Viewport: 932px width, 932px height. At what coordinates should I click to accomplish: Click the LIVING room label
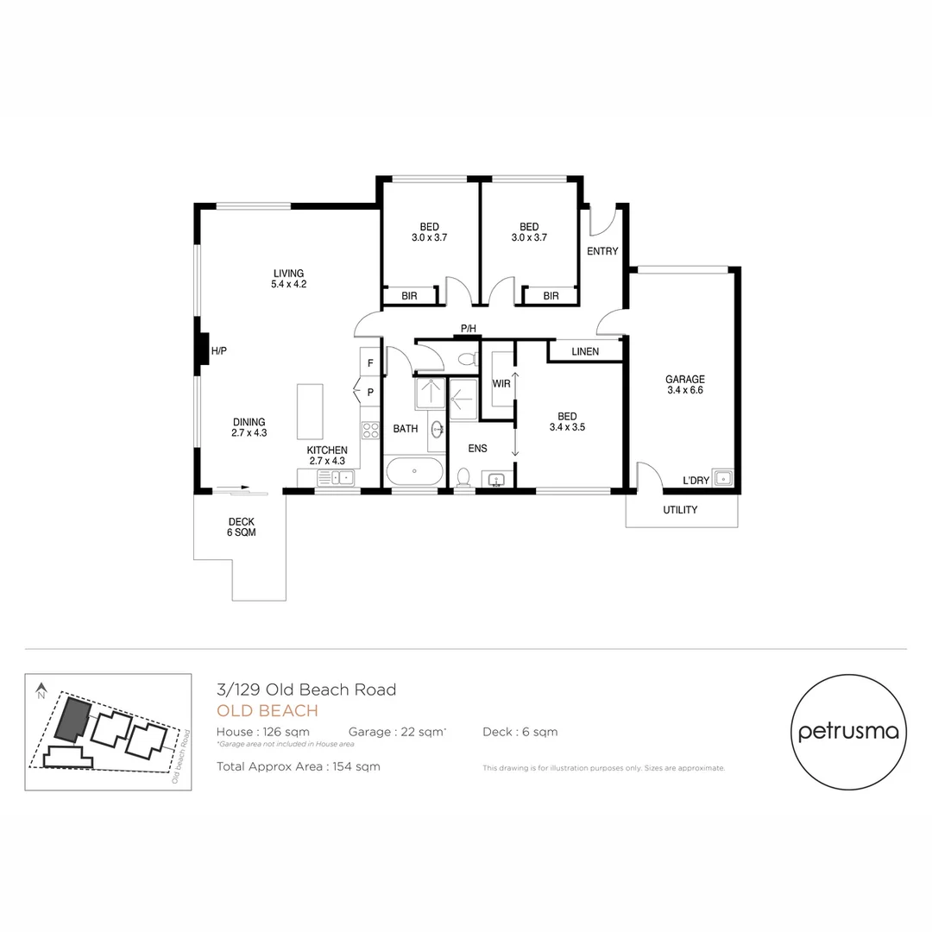(x=288, y=279)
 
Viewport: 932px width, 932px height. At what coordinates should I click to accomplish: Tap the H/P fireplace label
(x=218, y=351)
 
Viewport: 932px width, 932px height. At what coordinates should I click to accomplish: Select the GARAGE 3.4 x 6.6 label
(x=685, y=385)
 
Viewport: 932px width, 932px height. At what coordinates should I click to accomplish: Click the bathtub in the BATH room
(x=414, y=472)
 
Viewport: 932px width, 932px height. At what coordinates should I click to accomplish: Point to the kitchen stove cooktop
(x=370, y=429)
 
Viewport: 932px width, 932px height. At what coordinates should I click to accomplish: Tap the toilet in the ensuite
(x=463, y=477)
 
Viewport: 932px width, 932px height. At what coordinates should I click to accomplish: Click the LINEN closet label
(x=585, y=351)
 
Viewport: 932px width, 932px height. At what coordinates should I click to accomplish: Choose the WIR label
(x=501, y=383)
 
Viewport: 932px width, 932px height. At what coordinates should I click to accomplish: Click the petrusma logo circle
(x=848, y=732)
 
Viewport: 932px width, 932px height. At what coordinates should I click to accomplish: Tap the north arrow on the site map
(x=41, y=690)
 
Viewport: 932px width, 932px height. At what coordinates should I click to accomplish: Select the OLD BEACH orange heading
(x=268, y=711)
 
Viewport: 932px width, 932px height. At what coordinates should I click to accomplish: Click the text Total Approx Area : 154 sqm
(x=298, y=766)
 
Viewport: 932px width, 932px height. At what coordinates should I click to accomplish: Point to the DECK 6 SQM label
(x=242, y=526)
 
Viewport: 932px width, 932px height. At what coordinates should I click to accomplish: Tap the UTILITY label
(x=680, y=510)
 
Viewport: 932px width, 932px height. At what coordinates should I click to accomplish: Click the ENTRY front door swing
(x=601, y=221)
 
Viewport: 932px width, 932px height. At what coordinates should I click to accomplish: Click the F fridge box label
(x=370, y=363)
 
